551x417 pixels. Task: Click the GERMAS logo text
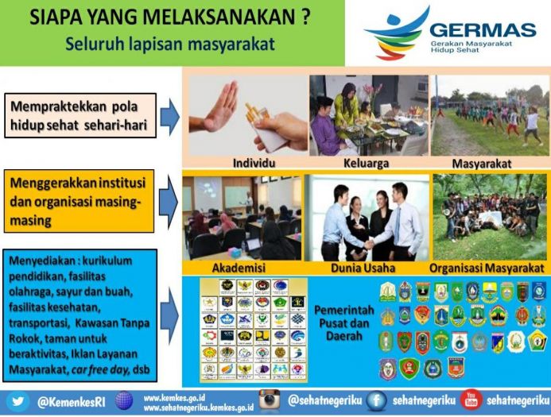[x=483, y=29]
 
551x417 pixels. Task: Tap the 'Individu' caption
[x=250, y=163]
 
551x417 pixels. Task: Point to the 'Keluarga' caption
[x=366, y=163]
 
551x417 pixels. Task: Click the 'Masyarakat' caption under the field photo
[x=486, y=163]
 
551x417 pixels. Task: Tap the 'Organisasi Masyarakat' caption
[x=487, y=267]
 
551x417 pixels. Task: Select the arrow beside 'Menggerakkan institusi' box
[x=169, y=201]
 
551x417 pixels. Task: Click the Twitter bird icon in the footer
[x=18, y=400]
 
